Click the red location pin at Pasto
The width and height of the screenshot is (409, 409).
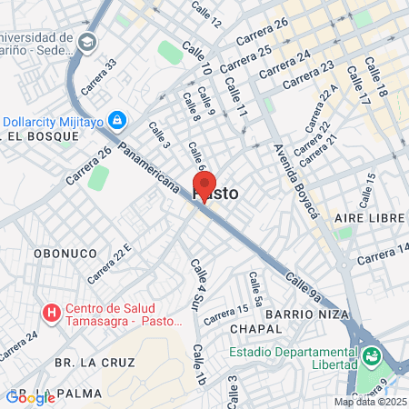point(204,185)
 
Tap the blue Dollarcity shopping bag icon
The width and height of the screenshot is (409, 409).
point(116,119)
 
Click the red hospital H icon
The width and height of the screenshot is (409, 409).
point(52,314)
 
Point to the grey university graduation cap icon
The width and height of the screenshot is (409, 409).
point(87,42)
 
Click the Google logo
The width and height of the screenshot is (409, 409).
point(30,397)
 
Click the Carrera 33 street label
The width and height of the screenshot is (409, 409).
point(99,77)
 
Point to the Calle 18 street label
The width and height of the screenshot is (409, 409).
point(375,77)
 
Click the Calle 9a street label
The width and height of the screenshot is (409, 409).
point(303,285)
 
